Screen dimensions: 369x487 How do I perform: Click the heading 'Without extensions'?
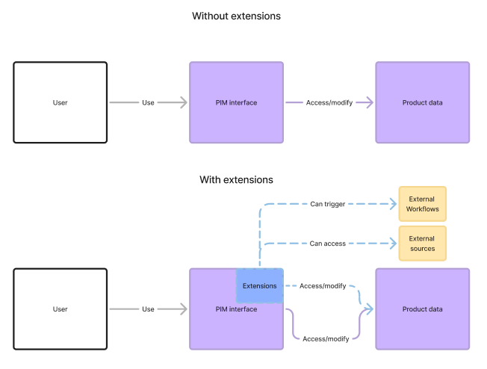pos(236,16)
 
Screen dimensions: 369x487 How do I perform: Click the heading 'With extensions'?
pos(236,180)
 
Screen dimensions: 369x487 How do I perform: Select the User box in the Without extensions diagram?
pos(60,102)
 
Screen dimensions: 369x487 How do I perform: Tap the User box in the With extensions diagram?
pos(60,309)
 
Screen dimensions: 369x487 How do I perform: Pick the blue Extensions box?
pos(259,286)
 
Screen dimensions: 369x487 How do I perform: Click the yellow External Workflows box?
pos(422,204)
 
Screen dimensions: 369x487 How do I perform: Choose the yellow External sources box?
pos(422,244)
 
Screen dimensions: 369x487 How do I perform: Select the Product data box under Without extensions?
pos(422,102)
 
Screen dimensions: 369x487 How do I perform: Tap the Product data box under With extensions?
pos(422,309)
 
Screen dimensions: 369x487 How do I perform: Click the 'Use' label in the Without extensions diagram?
pos(148,102)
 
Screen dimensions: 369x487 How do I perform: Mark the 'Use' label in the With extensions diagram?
pos(148,309)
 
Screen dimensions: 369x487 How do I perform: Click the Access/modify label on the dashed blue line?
pos(323,286)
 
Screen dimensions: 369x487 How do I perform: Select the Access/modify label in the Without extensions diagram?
pos(329,102)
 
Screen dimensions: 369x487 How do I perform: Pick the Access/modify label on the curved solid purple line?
pos(326,339)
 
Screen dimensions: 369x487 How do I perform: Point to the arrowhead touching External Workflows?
pos(392,204)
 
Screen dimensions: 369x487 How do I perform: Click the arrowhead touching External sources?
pos(392,244)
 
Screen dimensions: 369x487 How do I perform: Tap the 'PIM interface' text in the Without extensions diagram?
pos(236,102)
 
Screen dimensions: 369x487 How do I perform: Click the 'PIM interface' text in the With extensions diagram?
pos(236,309)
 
